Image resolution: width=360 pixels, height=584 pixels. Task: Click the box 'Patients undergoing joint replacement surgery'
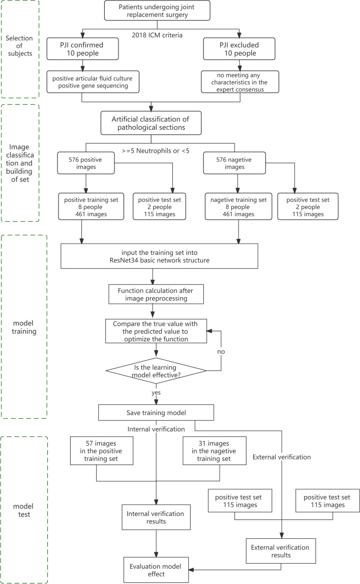[157, 10]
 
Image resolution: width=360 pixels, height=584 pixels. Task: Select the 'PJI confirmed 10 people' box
[83, 49]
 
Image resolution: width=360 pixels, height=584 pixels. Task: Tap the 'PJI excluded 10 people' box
[239, 49]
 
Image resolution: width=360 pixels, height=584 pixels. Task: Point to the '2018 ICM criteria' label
[157, 35]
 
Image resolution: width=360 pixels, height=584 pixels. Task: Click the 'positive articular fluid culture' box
[93, 82]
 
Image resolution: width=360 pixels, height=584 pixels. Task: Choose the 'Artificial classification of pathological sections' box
[151, 123]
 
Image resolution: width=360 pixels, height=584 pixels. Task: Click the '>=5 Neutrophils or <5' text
[156, 151]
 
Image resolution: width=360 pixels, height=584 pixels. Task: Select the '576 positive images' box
[85, 163]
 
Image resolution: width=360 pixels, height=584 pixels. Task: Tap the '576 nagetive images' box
[234, 163]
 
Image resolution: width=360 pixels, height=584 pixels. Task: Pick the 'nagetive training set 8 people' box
[238, 207]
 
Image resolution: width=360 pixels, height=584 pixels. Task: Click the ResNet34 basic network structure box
[159, 256]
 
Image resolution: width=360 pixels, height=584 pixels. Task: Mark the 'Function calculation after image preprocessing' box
[156, 294]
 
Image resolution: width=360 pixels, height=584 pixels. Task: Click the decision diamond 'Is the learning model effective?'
[156, 371]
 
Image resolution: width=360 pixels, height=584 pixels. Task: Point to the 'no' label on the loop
[221, 352]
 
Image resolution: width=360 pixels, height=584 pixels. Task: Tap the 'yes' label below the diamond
[156, 393]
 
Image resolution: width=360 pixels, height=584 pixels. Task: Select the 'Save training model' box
[156, 413]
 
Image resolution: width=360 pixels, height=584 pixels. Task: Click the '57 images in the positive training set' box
[101, 451]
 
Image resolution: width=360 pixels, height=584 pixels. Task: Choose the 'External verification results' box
[281, 551]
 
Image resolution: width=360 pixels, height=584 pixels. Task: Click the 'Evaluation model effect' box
[156, 570]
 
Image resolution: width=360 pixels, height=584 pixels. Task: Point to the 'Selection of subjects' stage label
[19, 46]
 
